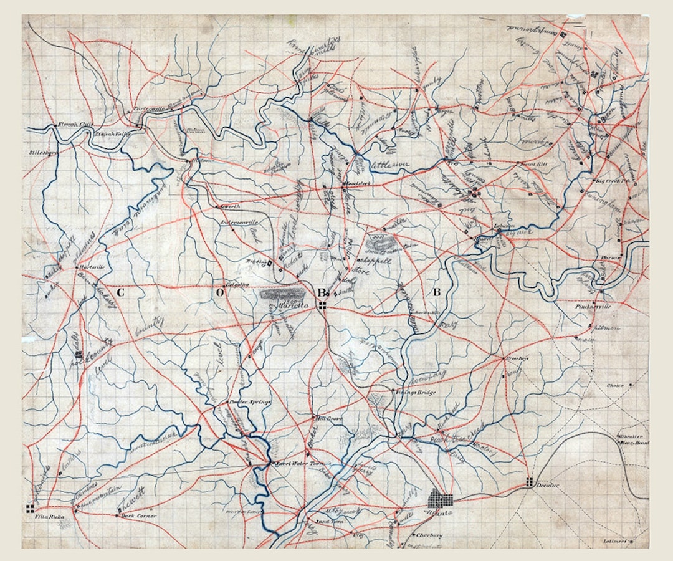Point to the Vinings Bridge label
415,393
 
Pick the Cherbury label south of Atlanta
429,535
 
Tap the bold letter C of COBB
120,292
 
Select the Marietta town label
285,305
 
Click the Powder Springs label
251,402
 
